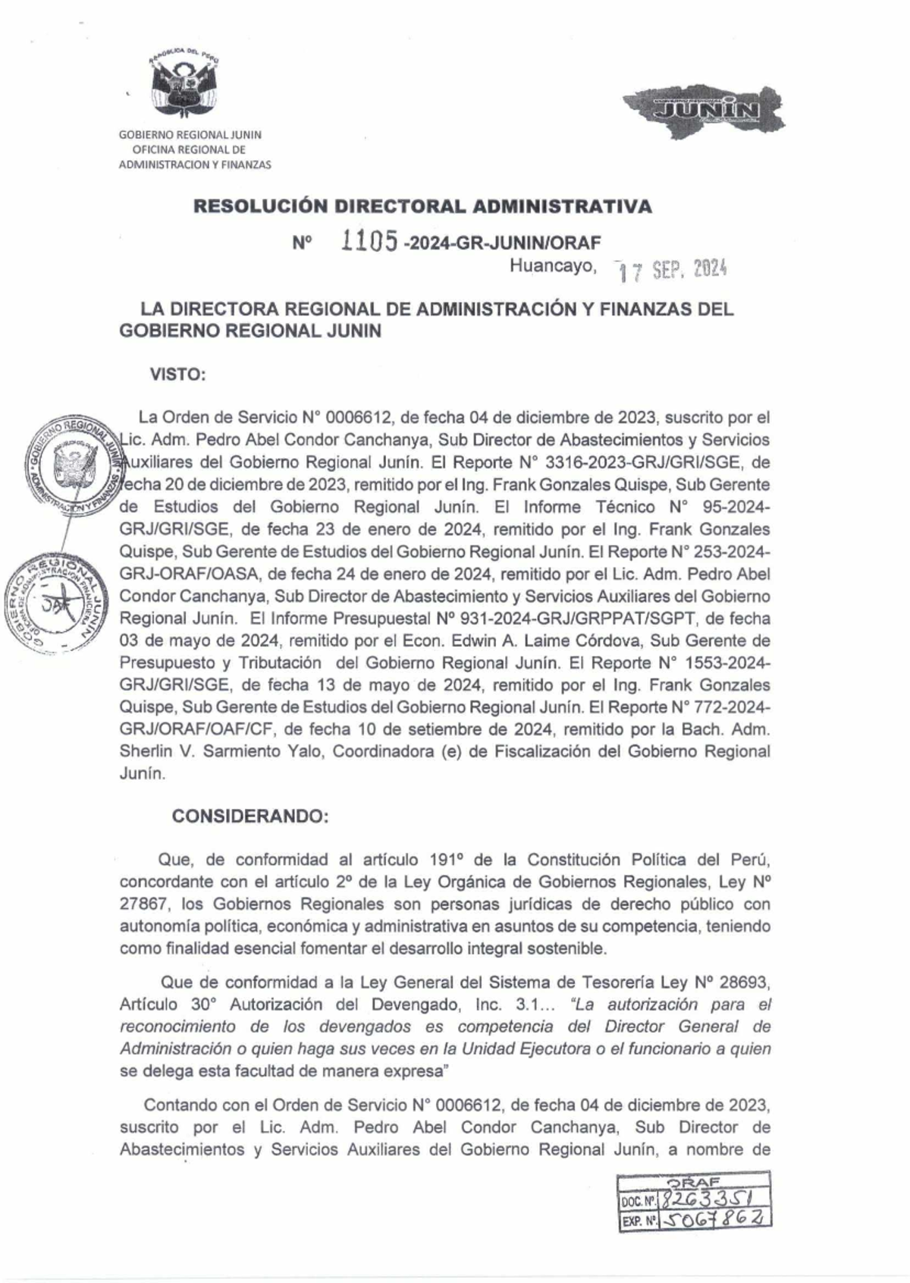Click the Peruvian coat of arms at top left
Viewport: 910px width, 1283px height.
click(184, 85)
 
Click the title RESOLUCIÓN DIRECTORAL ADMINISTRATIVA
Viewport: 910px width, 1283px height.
click(422, 206)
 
